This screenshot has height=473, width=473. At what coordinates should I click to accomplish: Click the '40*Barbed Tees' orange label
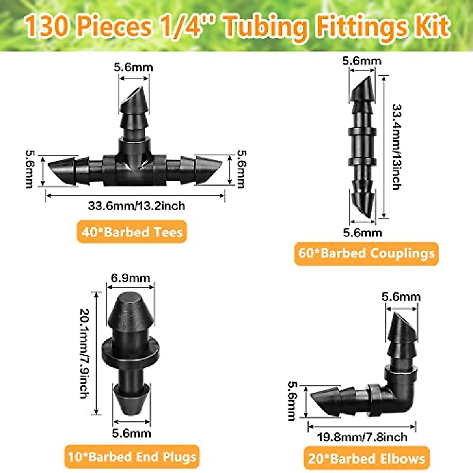pyautogui.click(x=132, y=232)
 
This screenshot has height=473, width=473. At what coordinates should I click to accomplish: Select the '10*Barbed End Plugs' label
pyautogui.click(x=132, y=457)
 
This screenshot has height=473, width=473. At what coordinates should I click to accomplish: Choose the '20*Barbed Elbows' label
pyautogui.click(x=366, y=458)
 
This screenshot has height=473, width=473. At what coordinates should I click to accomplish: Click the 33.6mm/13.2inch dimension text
pyautogui.click(x=136, y=205)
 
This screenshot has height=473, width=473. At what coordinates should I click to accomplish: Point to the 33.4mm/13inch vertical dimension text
pyautogui.click(x=396, y=147)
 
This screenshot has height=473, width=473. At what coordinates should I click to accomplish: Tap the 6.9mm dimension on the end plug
pyautogui.click(x=130, y=278)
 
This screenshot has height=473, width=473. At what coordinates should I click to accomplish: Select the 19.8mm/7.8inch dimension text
pyautogui.click(x=362, y=437)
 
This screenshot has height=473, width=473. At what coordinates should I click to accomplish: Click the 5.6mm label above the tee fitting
pyautogui.click(x=133, y=67)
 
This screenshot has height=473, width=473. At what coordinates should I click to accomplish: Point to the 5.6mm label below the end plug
pyautogui.click(x=131, y=433)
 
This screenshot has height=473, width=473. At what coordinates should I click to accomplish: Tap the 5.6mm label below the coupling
pyautogui.click(x=362, y=233)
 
